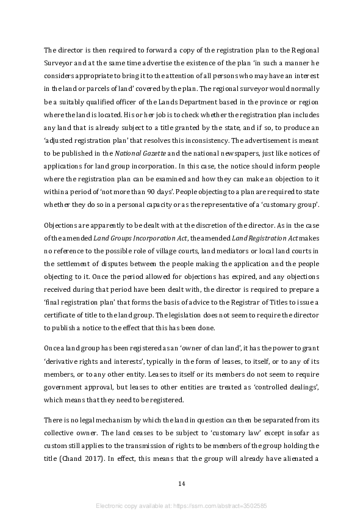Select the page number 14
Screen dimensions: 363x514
(181, 483)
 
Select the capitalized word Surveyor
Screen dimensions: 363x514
(59, 62)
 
